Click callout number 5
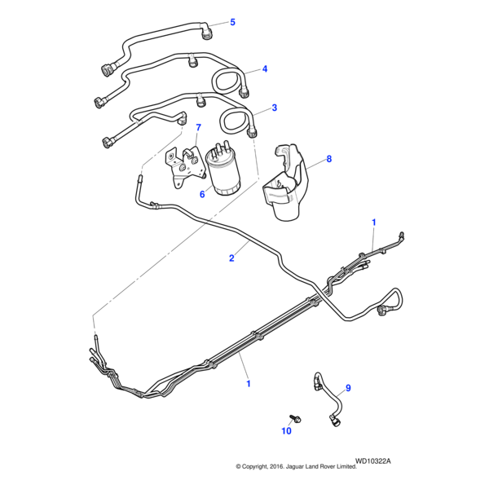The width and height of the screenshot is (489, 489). [x=232, y=22]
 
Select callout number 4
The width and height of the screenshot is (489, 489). [x=264, y=69]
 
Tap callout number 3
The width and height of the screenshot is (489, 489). [x=274, y=108]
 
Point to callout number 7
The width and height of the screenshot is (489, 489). [x=197, y=128]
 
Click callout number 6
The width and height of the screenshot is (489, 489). [x=201, y=194]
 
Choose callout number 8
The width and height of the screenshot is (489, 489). [x=329, y=160]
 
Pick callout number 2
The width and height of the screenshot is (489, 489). [x=231, y=258]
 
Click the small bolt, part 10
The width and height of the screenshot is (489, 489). [x=296, y=418]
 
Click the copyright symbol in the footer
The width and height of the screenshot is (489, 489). [x=239, y=467]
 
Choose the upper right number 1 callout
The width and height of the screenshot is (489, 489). [x=374, y=222]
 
